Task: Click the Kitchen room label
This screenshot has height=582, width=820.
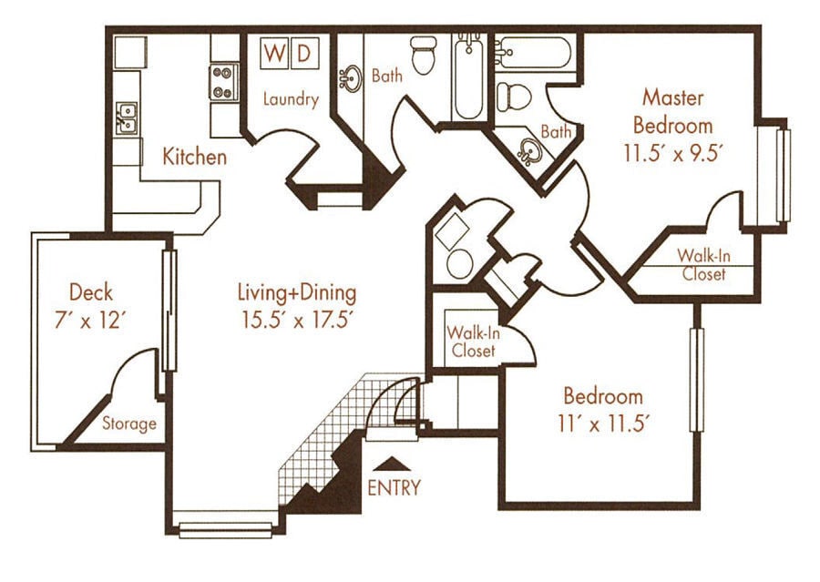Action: coord(194,157)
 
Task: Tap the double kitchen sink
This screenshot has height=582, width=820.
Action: coord(128,117)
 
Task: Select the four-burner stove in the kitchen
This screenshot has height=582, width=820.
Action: coord(223,81)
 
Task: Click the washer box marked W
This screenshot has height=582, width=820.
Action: coord(273,53)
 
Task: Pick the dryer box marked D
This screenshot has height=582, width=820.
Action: coord(303,53)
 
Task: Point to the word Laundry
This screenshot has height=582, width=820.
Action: coord(291,99)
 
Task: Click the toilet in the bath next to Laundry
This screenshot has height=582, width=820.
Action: coord(423,56)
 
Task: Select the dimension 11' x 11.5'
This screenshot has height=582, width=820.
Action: coord(603,424)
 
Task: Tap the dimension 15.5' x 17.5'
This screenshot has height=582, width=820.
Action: coord(296,320)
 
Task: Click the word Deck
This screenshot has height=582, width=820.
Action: coord(91,292)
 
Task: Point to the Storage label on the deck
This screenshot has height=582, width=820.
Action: coord(128,424)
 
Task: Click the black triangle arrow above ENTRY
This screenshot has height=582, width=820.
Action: coord(393,465)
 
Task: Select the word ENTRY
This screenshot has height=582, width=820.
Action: coord(394,488)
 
